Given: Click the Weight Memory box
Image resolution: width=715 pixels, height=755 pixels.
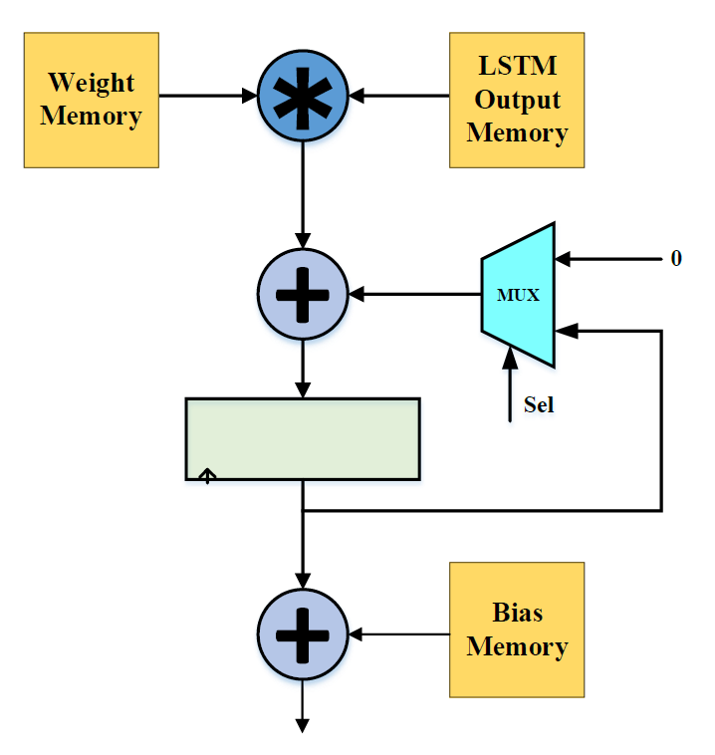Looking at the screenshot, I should [92, 100].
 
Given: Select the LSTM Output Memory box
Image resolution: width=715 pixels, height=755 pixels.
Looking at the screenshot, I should [516, 100].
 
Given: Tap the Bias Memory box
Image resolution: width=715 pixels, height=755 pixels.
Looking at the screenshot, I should [516, 629].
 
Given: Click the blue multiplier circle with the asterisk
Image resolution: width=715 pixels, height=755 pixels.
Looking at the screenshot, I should [302, 96].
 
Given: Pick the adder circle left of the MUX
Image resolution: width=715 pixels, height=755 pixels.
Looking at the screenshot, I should [302, 294].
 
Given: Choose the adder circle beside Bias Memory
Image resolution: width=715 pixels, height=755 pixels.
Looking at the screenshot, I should [302, 632].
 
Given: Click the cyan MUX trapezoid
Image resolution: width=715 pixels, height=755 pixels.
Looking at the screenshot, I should [519, 295].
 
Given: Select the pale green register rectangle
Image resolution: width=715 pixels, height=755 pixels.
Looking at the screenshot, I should [302, 439].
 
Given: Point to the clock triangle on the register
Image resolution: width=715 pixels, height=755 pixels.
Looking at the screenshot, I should [207, 476].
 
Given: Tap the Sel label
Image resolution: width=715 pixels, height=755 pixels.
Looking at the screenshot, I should [538, 405].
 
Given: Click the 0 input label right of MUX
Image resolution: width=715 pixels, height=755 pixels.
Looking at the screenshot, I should [676, 259].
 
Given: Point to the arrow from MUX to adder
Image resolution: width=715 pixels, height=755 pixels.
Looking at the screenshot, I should [414, 295].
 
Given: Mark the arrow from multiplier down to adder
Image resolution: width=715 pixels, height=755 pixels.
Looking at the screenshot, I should [302, 194].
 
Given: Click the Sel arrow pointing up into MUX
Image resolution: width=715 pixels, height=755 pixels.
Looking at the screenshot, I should [511, 388].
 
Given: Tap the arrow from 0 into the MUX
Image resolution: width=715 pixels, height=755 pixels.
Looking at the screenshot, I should [607, 259].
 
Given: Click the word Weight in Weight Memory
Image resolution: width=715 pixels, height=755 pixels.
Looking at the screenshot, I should [92, 82].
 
